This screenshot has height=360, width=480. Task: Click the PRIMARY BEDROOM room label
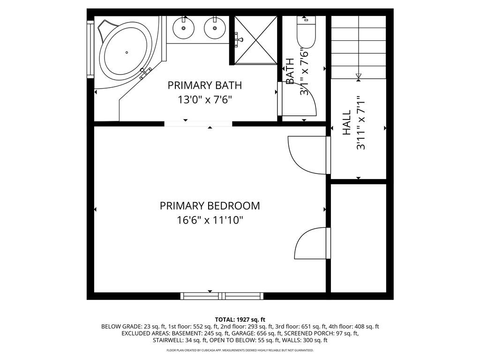[210, 206]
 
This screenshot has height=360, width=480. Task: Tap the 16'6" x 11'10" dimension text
[210, 220]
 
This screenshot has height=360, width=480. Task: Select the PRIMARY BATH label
[204, 85]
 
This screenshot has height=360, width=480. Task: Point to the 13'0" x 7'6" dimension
[204, 99]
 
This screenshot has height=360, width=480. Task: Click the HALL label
[346, 123]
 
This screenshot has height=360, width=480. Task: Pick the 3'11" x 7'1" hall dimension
[361, 123]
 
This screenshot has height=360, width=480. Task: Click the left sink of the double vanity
[183, 28]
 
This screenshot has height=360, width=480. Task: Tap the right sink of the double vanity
[215, 28]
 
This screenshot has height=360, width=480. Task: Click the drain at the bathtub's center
[127, 52]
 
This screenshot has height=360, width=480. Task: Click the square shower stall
[255, 40]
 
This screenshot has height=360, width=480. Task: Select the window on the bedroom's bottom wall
[222, 296]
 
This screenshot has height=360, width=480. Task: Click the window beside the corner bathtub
[90, 49]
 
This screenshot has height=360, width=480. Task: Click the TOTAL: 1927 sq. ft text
[240, 320]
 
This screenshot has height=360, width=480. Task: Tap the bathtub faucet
[145, 73]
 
